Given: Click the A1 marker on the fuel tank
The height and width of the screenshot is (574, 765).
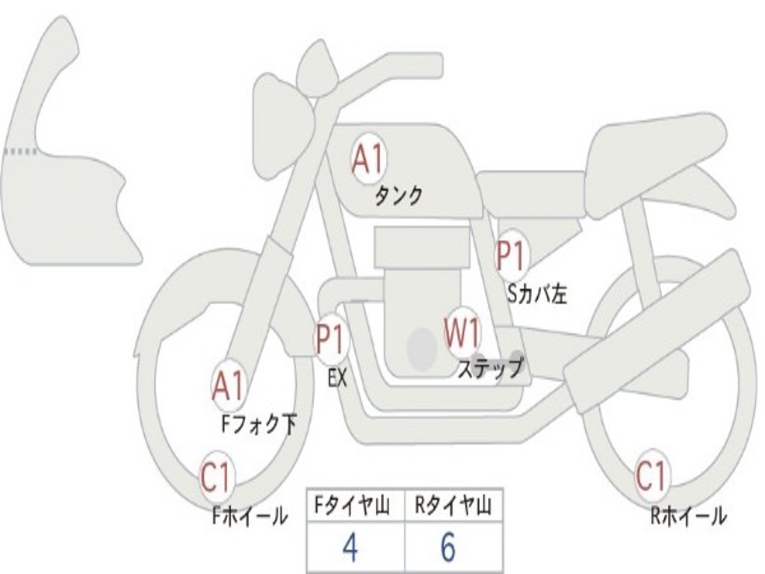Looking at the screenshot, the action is (x=368, y=160).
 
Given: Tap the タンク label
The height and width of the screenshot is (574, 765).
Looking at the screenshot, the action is (x=398, y=196).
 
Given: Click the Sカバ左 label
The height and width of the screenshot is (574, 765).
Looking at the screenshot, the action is (x=536, y=294).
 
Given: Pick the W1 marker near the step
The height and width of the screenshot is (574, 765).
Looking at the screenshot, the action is (x=462, y=333).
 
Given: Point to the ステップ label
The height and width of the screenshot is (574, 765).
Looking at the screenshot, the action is (x=490, y=368).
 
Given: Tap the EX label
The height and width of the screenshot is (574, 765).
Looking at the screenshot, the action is (x=338, y=378).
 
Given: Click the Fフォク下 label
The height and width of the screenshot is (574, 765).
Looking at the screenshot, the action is (x=258, y=425).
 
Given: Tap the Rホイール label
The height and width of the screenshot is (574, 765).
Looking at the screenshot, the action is (x=687, y=515).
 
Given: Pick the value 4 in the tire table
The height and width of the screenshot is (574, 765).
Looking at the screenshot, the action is (x=350, y=549).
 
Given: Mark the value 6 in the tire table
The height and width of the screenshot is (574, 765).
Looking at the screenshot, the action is (x=448, y=549).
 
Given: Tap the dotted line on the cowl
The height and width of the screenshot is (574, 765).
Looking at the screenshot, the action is (x=21, y=152).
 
